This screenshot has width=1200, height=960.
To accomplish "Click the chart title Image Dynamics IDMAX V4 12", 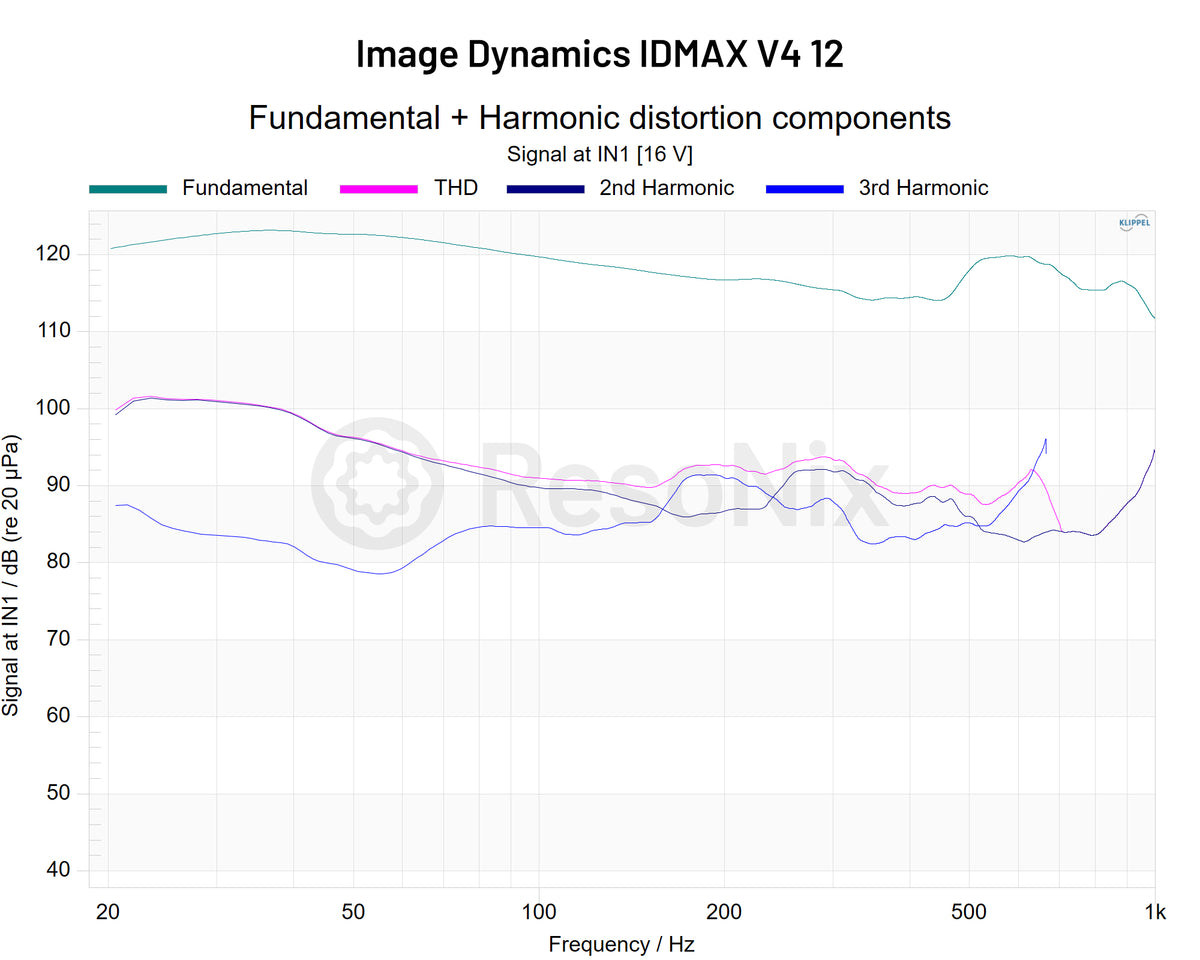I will (x=599, y=54).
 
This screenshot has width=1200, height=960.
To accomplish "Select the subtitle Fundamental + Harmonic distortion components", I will (x=599, y=117).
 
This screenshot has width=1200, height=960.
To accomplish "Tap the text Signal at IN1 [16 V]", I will (x=599, y=154).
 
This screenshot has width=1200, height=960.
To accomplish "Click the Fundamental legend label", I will (x=245, y=188).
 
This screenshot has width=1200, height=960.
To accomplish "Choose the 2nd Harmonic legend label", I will (x=667, y=188).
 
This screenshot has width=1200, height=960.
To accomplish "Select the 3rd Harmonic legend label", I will (x=923, y=188).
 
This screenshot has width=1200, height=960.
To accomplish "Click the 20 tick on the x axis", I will (x=109, y=910).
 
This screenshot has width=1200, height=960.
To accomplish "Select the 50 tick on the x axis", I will (x=352, y=910).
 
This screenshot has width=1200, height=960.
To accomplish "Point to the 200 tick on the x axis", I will (x=723, y=910).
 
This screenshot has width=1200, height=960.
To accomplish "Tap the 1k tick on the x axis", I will (x=1155, y=910).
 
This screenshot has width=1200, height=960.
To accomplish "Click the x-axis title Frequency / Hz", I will (x=621, y=944).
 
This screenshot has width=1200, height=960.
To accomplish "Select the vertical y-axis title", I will (x=12, y=575).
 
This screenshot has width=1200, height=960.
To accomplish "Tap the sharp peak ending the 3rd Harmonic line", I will (x=1046, y=439).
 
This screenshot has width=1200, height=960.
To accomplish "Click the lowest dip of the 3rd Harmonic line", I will (x=380, y=573).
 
